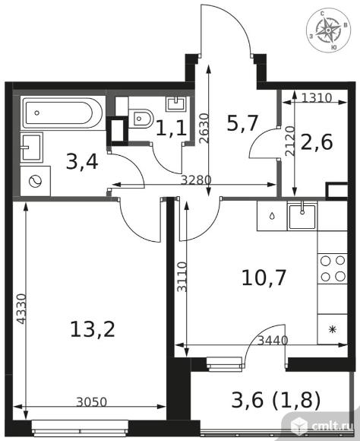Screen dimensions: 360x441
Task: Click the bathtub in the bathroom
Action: pyautogui.click(x=62, y=113)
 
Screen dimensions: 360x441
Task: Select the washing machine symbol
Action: pyautogui.click(x=36, y=182)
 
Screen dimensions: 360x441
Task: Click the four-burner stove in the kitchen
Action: pyautogui.click(x=333, y=268)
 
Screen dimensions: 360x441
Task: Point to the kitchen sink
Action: pyautogui.click(x=302, y=216)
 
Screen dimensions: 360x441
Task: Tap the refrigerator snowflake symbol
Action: pyautogui.click(x=333, y=329)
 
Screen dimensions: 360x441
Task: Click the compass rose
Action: pyautogui.click(x=328, y=30)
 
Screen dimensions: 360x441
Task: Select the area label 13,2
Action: pyautogui.click(x=93, y=329)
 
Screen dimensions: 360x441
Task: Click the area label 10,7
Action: pyautogui.click(x=264, y=278)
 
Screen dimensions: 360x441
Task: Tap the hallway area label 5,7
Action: pyautogui.click(x=242, y=123)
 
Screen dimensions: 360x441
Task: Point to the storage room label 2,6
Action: pyautogui.click(x=317, y=141)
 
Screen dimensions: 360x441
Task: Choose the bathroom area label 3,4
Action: pyautogui.click(x=82, y=162)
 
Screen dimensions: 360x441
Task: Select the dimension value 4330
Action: pyautogui.click(x=21, y=309)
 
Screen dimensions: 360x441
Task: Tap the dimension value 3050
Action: pyautogui.click(x=92, y=402)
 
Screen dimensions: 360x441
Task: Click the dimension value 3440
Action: pyautogui.click(x=273, y=341)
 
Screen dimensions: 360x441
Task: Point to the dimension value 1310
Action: pyautogui.click(x=317, y=97)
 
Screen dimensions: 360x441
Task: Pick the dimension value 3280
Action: pyautogui.click(x=196, y=179)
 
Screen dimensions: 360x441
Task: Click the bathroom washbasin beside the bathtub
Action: pyautogui.click(x=31, y=148)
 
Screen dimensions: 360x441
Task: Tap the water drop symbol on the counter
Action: pyautogui.click(x=272, y=216)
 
